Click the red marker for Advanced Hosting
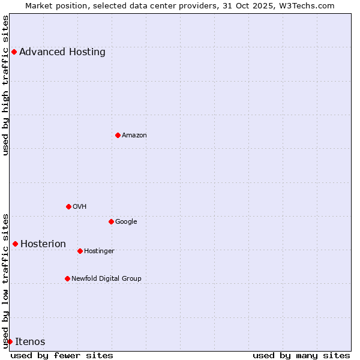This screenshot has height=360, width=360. click(14, 52)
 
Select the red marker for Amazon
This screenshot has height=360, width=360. click(118, 135)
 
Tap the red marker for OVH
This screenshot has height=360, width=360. click(68, 206)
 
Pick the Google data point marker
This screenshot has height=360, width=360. click(111, 221)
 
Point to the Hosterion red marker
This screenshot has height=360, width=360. click(15, 244)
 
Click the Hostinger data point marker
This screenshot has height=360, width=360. click(80, 251)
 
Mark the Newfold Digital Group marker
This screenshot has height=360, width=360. click(67, 278)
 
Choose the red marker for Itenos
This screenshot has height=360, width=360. click(10, 341)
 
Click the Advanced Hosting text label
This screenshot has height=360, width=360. click(62, 52)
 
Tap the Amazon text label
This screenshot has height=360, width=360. click(134, 136)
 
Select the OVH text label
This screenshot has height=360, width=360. click(80, 207)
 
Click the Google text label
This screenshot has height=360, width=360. click(126, 222)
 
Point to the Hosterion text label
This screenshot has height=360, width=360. click(43, 244)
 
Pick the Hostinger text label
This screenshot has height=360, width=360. click(99, 251)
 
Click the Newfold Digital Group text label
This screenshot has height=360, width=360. click(106, 279)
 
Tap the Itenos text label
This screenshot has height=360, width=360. click(30, 342)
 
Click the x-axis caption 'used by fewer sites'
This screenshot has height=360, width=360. click(62, 355)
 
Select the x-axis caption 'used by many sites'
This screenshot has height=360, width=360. click(301, 355)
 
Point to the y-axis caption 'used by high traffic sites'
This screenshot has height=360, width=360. click(6, 85)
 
